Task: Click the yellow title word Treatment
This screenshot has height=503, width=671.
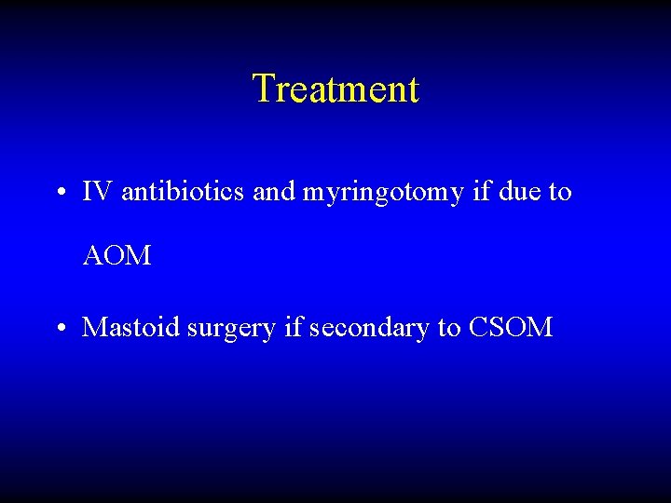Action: coord(335,89)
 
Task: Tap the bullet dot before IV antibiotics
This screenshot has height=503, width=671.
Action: coord(60,194)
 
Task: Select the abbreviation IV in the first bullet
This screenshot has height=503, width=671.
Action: coord(97,192)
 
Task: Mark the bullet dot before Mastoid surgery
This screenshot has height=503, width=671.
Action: coord(60,329)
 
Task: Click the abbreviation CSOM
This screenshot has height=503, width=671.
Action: coord(512,328)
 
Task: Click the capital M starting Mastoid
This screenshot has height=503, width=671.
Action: coord(94,328)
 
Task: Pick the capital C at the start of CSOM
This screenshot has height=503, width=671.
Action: coord(478,328)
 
